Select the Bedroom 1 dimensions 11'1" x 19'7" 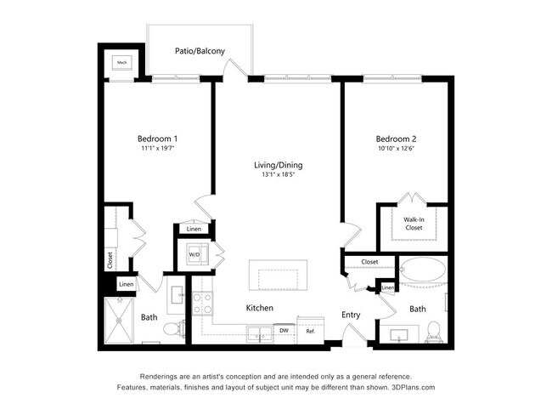157,148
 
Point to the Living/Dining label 278,165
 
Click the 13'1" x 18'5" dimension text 278,175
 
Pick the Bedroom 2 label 397,138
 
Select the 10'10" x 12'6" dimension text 397,148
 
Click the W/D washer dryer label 194,254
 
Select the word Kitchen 259,308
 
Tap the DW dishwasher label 284,330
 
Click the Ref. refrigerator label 310,330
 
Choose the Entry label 351,315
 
